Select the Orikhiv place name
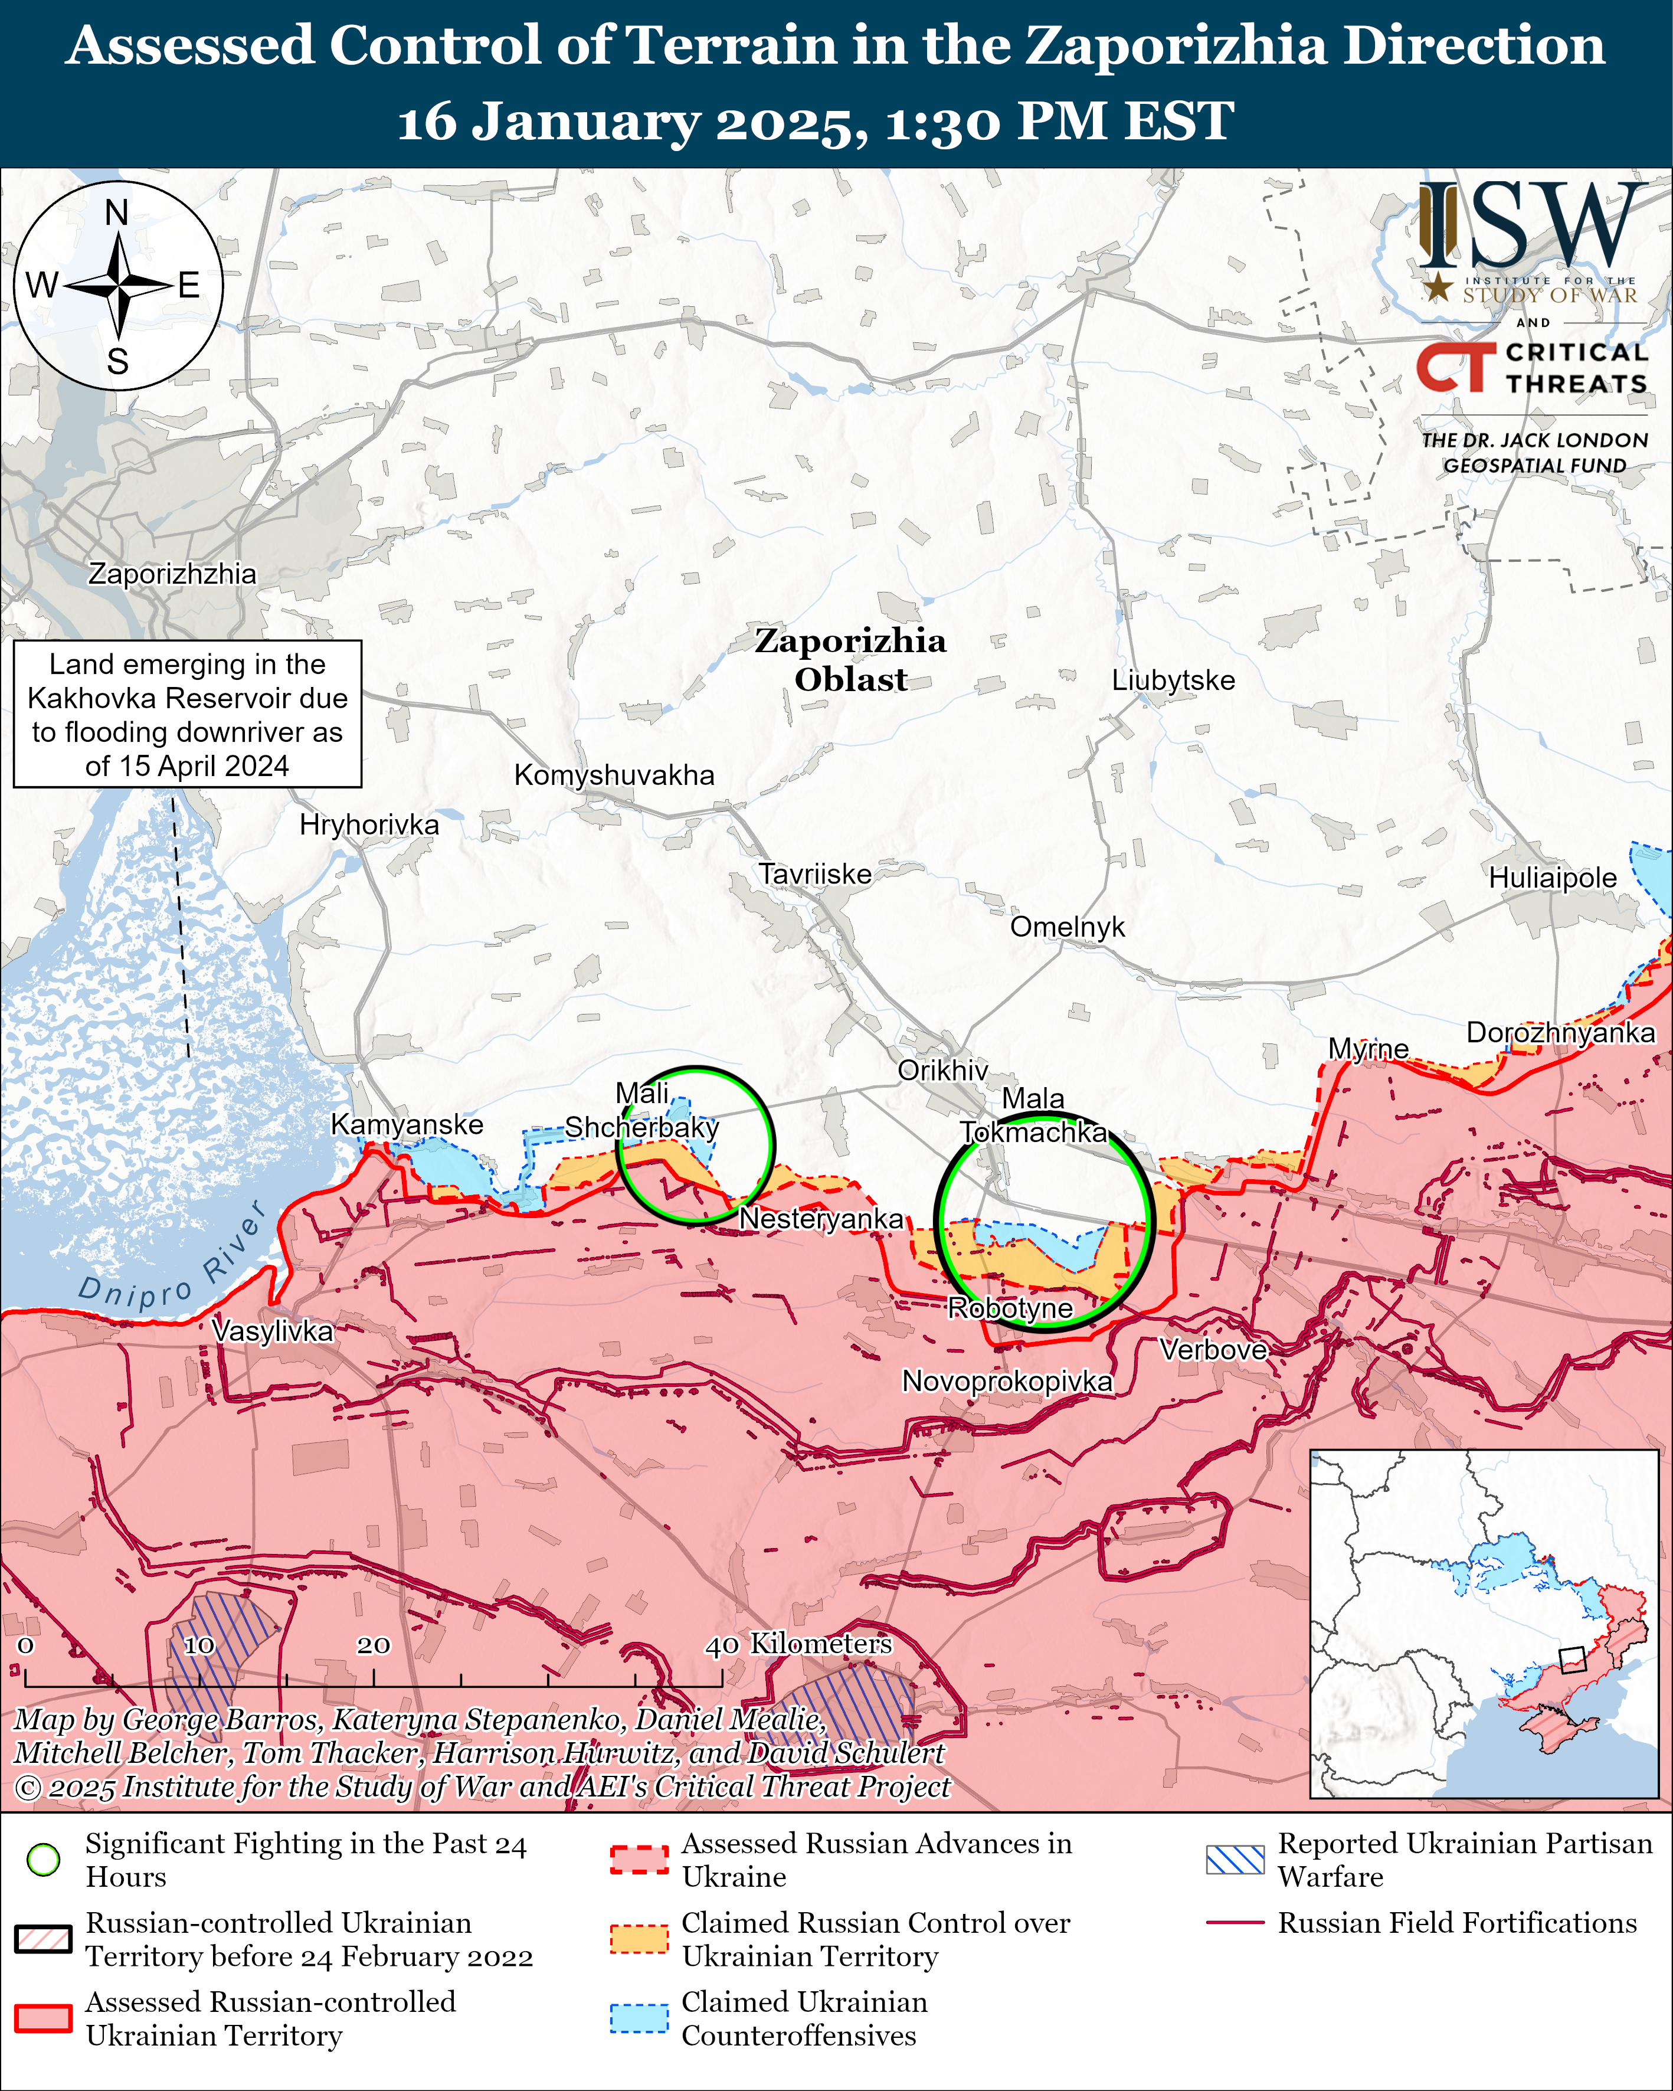[x=942, y=1070]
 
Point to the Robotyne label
[x=1010, y=1308]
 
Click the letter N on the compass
[x=116, y=212]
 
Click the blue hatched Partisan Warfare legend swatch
[x=1235, y=1859]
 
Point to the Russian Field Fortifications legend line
[x=1235, y=1922]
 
